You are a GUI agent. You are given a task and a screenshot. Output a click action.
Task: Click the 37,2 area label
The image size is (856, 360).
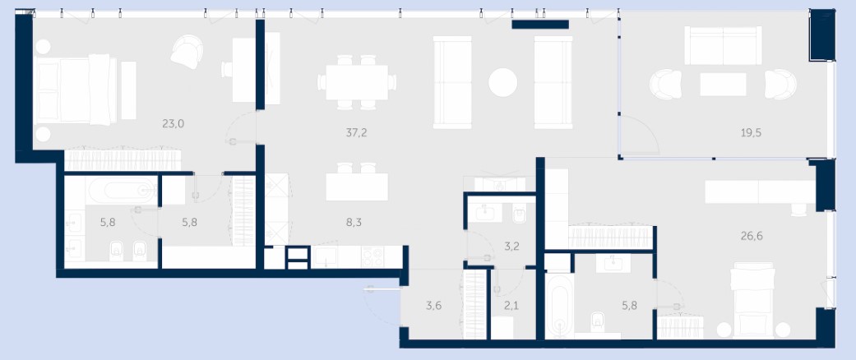(356, 132)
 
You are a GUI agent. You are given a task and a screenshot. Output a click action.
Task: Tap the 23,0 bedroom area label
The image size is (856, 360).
(173, 124)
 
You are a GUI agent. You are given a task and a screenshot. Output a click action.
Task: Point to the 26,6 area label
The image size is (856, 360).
(752, 236)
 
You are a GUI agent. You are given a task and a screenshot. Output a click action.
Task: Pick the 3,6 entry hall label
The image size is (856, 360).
(433, 306)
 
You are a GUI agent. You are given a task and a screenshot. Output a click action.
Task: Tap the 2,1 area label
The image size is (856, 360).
(511, 306)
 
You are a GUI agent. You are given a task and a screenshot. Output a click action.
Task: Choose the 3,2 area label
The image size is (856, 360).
(511, 246)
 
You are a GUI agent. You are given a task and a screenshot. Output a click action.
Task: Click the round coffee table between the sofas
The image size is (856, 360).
(502, 82)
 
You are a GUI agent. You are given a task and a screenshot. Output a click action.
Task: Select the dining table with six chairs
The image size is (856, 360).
(357, 82)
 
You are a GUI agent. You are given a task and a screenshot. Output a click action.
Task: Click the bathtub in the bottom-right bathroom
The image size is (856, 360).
(559, 306)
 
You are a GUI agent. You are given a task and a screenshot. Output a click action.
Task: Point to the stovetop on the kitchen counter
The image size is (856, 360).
(372, 257)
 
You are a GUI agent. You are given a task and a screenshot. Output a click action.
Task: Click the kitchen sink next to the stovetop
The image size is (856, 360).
(326, 257)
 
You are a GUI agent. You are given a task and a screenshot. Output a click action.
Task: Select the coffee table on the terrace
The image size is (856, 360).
(723, 85)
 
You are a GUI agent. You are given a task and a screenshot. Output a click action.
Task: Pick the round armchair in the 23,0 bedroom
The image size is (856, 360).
(187, 52)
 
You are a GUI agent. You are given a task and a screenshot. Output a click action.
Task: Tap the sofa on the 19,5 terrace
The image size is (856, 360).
(723, 46)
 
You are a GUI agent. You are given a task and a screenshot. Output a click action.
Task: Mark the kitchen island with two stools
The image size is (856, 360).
(357, 183)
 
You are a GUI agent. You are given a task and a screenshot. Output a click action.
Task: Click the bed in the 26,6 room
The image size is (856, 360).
(753, 299)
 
